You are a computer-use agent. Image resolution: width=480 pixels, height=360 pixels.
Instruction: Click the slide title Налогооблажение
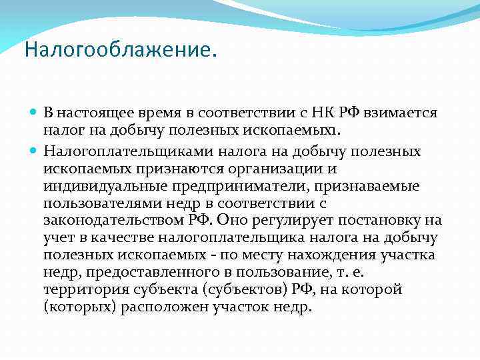coord(121,51)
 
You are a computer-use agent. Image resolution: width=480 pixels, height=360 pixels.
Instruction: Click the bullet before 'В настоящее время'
coord(35,113)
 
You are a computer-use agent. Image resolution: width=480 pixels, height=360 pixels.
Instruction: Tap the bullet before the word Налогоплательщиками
coord(35,151)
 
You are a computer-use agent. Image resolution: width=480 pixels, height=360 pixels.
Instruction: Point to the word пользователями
coord(93,203)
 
